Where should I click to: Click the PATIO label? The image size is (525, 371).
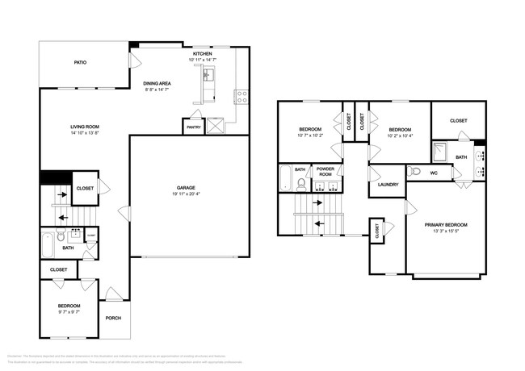(80, 62)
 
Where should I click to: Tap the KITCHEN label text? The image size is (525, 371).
(202, 53)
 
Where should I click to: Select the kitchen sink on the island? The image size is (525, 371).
(208, 76)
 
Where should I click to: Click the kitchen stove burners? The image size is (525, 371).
(241, 96)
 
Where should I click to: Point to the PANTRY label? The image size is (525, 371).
(194, 127)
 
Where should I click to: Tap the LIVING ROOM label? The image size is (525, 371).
(84, 126)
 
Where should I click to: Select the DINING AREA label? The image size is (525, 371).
(157, 84)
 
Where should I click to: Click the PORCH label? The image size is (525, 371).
(113, 318)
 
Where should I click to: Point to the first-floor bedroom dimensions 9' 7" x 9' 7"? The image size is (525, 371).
(69, 311)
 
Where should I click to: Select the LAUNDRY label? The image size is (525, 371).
(388, 184)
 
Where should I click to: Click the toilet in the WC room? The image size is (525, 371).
(413, 172)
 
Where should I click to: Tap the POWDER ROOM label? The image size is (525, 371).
(325, 172)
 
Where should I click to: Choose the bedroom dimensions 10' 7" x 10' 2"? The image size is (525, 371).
(310, 135)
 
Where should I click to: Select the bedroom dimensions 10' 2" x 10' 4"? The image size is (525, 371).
(399, 135)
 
